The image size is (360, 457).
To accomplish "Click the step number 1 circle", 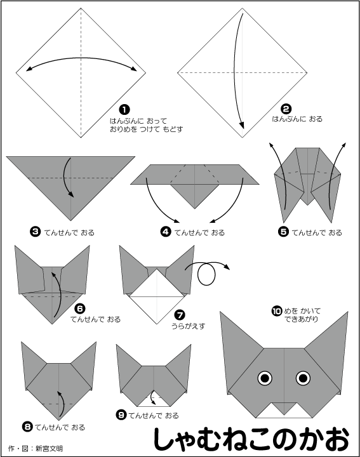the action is point(124,110).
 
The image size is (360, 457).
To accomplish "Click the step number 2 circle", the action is point(286,109).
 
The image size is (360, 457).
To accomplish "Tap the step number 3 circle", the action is point(36,232).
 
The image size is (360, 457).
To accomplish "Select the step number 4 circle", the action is point(166,232).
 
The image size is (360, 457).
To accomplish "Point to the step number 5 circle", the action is point(283,232).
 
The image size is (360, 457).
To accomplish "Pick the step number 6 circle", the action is point(79,308).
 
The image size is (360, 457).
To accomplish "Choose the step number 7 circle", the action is point(180,315).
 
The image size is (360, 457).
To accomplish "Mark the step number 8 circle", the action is point(27,427).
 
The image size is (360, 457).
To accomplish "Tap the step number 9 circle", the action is point(121,414).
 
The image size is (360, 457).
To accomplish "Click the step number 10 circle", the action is point(277,311).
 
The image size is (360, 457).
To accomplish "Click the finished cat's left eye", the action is point(265,378).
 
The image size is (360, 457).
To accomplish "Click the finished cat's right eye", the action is point(303,378).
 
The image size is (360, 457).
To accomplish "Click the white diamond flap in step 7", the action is point(157,296).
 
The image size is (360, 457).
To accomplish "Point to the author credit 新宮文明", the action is point(49,448).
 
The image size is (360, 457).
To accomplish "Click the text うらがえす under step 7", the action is point(189,326).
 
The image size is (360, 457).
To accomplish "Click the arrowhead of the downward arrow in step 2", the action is point(241,125).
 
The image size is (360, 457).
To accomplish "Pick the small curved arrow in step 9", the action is point(152,398).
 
